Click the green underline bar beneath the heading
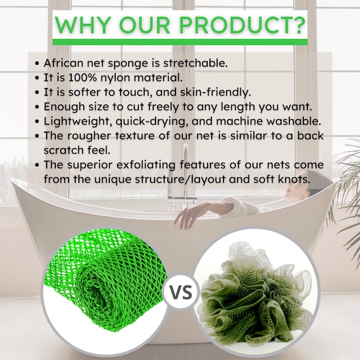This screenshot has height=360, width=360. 180,42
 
